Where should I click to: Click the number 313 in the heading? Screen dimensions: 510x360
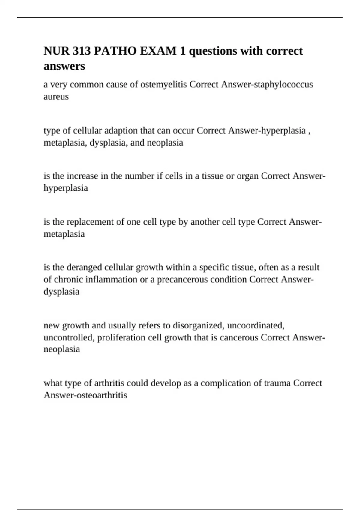[x=81, y=51]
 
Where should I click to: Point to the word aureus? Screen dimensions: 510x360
[x=56, y=97]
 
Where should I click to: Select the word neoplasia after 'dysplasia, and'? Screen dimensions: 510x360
[x=165, y=142]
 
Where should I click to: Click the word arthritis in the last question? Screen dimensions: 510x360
[x=109, y=383]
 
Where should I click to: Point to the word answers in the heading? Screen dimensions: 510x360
[x=64, y=66]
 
